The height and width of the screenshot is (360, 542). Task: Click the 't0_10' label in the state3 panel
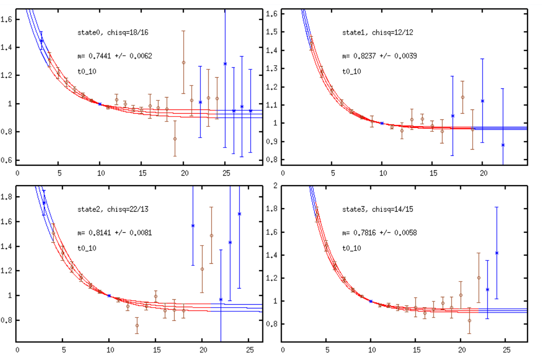351,248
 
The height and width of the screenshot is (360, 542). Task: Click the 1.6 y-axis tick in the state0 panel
8,19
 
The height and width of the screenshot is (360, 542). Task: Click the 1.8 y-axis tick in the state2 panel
8,197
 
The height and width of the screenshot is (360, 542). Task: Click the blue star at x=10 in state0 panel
100,104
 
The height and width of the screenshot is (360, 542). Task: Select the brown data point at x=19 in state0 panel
175,139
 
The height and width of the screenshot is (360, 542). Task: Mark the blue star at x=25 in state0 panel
225,64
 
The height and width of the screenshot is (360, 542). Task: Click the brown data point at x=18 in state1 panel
463,98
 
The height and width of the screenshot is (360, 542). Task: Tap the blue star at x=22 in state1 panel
503,145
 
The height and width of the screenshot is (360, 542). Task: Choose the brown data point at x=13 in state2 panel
137,326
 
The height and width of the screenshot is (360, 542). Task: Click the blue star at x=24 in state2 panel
239,214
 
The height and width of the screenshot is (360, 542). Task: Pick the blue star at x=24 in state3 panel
497,253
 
